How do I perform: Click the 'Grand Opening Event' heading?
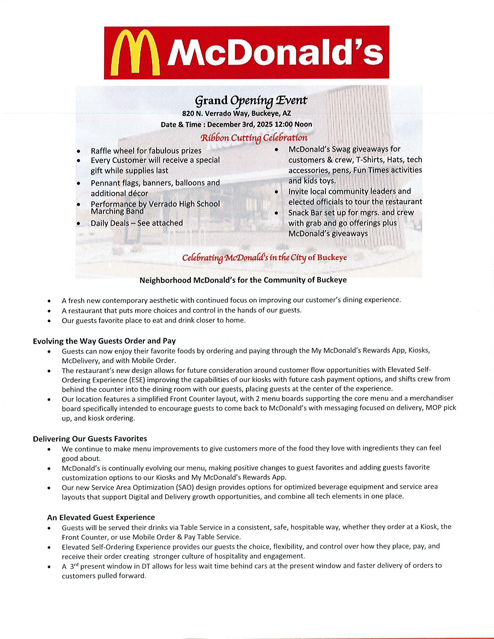[x=251, y=100]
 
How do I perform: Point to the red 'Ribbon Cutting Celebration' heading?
[x=254, y=138]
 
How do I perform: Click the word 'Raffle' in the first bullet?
[x=100, y=151]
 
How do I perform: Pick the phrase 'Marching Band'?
[x=117, y=211]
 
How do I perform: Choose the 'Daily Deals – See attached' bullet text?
[x=137, y=223]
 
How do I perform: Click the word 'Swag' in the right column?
[x=341, y=149]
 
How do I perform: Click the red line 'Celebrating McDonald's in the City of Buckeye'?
[x=264, y=258]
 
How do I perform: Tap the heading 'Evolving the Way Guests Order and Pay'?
[x=104, y=341]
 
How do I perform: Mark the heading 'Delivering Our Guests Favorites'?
[x=90, y=438]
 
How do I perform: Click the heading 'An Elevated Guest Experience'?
[x=101, y=517]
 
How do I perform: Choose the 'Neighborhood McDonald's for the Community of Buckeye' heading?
[x=243, y=280]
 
